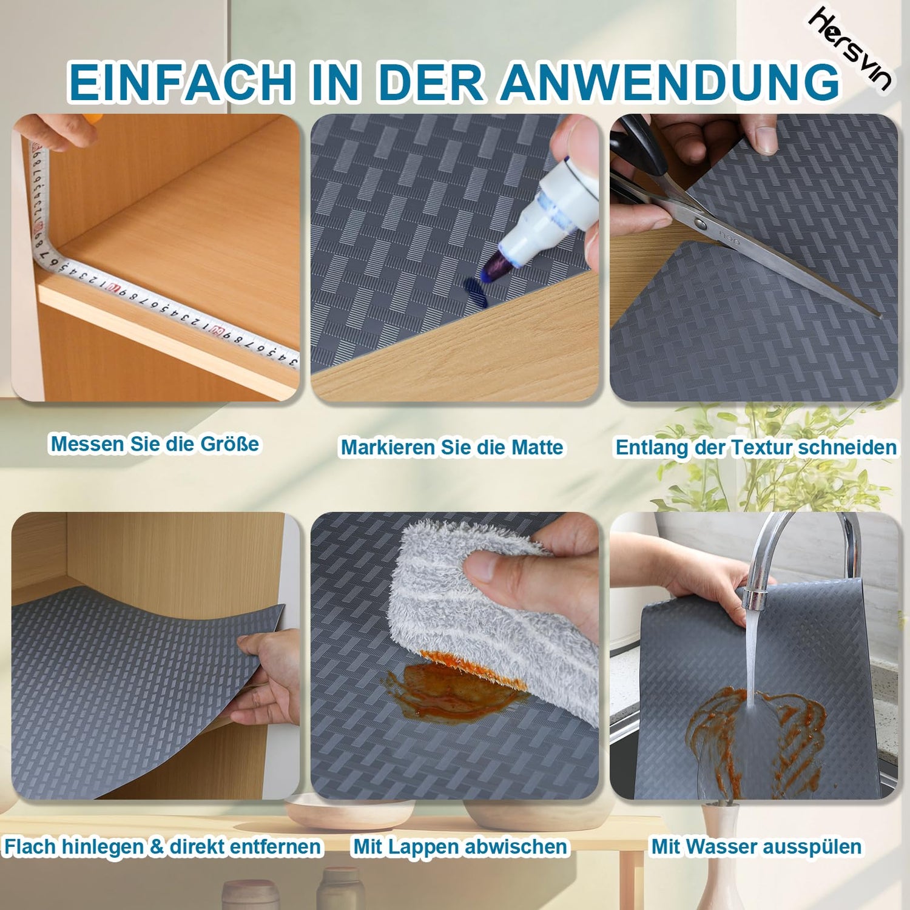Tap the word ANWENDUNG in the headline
(x=670, y=81)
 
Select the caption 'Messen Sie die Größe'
(x=155, y=444)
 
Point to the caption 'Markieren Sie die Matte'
(x=452, y=448)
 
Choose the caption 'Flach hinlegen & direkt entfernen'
(x=163, y=846)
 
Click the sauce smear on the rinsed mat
(x=755, y=737)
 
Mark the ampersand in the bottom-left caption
(x=157, y=846)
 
